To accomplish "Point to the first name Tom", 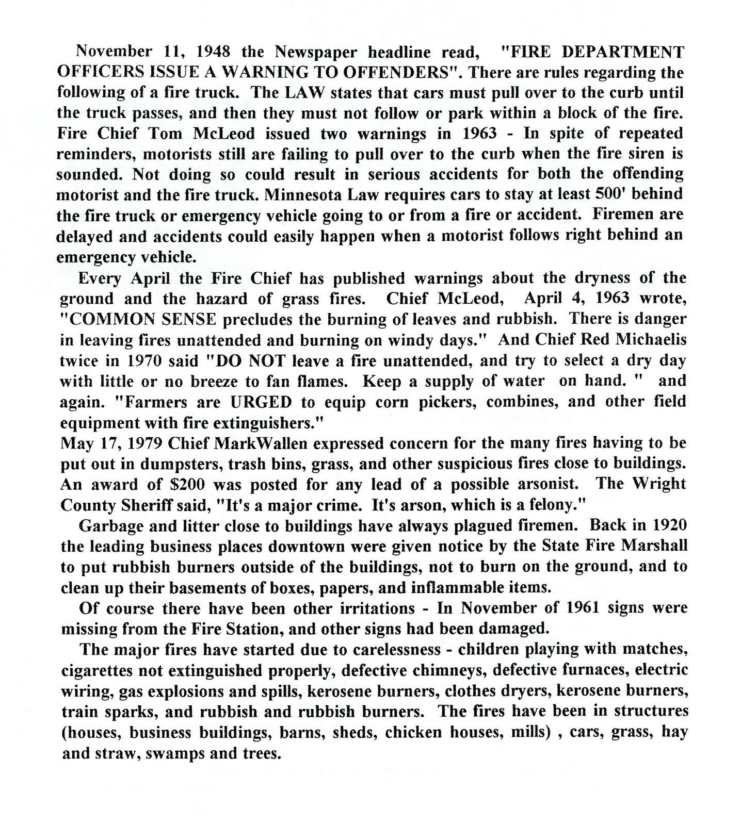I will [165, 134].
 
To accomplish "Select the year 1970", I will [146, 360].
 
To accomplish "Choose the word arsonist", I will [550, 484].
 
